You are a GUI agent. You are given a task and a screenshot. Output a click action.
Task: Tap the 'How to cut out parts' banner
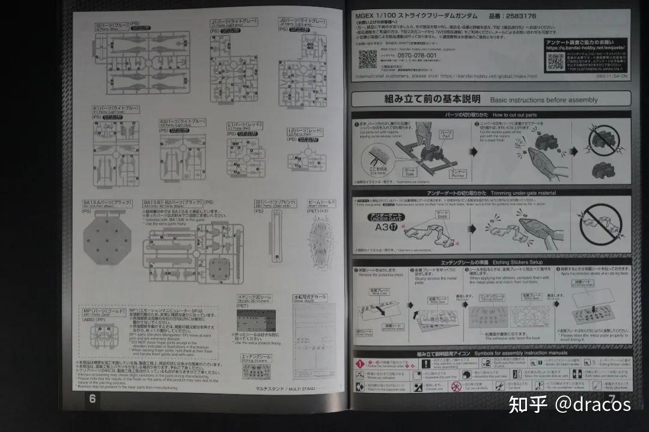pos(490,114)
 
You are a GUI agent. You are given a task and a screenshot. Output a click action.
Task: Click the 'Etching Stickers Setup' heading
pos(490,263)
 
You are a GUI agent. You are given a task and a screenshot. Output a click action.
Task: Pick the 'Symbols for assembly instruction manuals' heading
pos(490,354)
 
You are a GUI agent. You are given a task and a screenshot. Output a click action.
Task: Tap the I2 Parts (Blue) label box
pos(112,26)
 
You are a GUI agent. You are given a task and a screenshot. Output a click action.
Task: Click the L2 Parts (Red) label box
pos(305,130)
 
